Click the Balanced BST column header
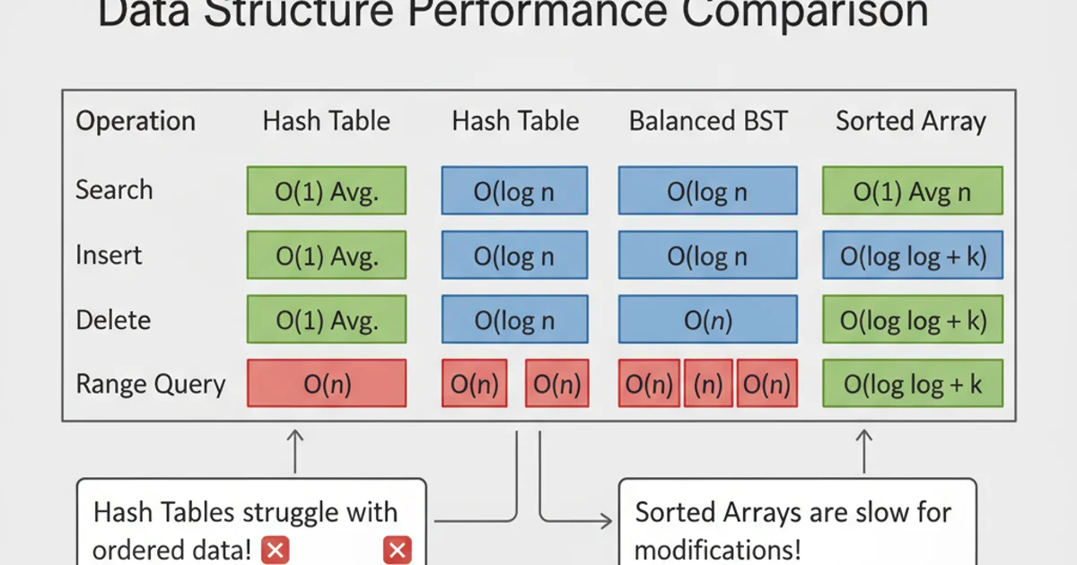(707, 122)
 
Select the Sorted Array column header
(910, 122)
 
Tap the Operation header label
(135, 122)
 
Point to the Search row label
(114, 190)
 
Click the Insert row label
(109, 256)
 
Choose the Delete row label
(113, 320)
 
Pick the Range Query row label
(150, 385)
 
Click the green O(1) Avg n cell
(912, 191)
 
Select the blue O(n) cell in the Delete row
(707, 320)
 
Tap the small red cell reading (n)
(709, 385)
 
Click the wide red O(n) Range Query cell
(327, 385)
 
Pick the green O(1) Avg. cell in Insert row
(327, 256)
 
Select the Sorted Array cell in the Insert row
(912, 256)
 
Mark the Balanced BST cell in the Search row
(707, 191)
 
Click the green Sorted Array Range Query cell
(912, 385)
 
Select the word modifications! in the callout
(717, 549)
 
